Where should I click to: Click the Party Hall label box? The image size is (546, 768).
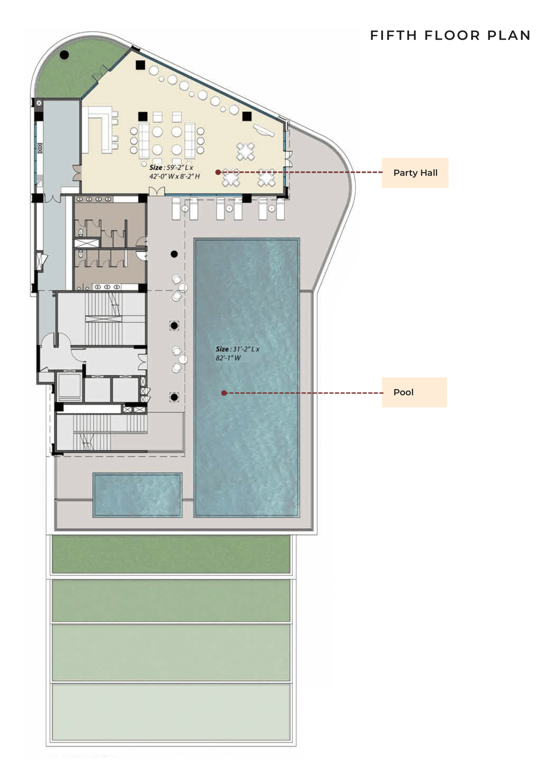pos(415,173)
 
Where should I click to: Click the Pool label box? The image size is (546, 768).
pos(414,392)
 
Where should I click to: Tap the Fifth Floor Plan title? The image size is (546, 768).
pos(450,35)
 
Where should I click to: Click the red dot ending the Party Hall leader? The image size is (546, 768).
pos(218,172)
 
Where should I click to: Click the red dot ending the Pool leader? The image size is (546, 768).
pos(224,393)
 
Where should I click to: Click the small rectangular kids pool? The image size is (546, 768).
pos(137,494)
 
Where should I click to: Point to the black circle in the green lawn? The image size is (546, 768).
pos(64,55)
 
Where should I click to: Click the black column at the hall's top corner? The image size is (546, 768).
pos(140,65)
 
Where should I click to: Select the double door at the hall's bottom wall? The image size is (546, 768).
pos(157,191)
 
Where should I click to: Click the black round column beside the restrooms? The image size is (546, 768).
pos(174,254)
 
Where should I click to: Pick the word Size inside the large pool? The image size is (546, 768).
pos(222,349)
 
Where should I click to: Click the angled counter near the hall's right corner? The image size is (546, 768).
pos(263,130)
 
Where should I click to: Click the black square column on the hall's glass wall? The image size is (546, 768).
pos(247,116)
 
